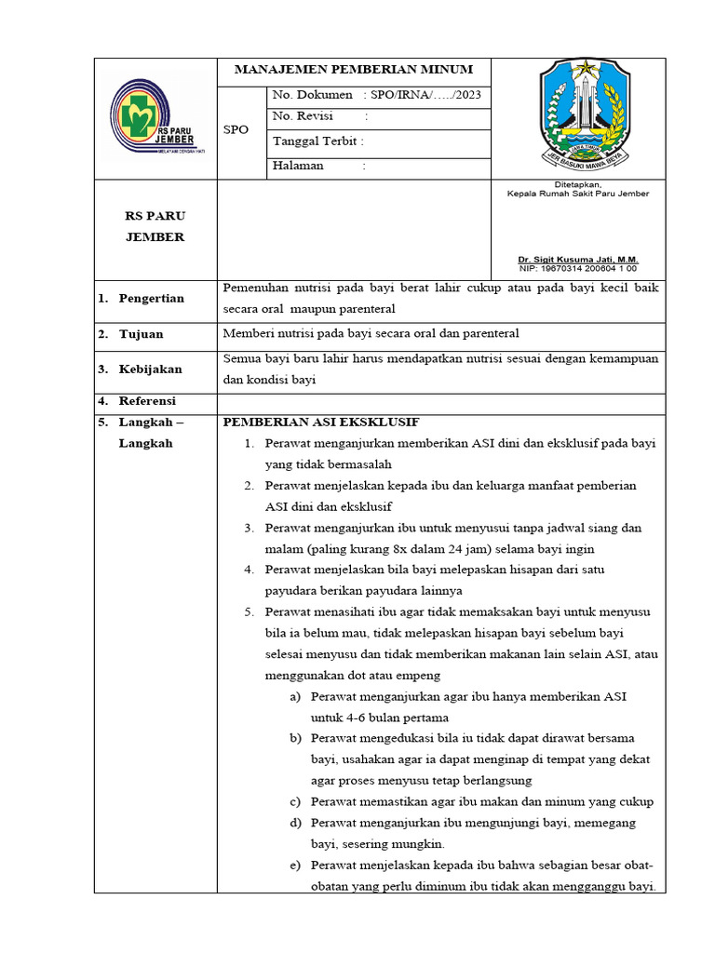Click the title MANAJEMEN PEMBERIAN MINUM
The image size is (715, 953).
(x=353, y=70)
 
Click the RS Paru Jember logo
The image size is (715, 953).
(x=155, y=118)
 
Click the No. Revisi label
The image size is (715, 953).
(x=303, y=116)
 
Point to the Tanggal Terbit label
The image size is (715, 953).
(x=317, y=141)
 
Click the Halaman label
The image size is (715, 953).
(x=298, y=166)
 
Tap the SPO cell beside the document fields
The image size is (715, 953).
(x=236, y=129)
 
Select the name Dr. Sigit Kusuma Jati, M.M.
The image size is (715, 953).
(x=578, y=260)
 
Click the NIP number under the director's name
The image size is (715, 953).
(x=578, y=268)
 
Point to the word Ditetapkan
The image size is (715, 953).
(x=578, y=184)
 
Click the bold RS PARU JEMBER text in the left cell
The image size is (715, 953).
(x=155, y=226)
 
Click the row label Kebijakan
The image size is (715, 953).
(x=150, y=369)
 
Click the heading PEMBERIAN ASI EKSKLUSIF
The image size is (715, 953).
(x=321, y=422)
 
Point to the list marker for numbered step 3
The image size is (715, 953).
(x=250, y=529)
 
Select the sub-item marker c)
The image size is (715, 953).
(x=295, y=802)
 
